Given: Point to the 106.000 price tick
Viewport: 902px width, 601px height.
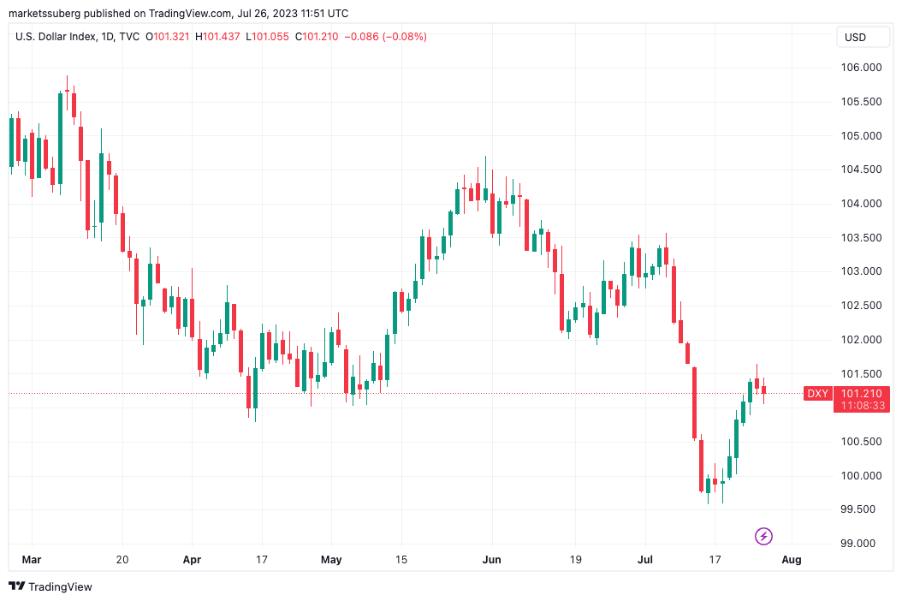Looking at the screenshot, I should tap(857, 68).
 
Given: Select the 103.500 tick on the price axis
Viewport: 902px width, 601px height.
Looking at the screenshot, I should tap(857, 238).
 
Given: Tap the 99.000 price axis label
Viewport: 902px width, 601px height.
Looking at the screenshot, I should tap(857, 544).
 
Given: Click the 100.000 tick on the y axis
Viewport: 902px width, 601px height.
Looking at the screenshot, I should tap(857, 476).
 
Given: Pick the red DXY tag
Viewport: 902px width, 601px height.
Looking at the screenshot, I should tap(818, 394).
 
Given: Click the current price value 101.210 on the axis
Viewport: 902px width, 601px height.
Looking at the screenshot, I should tap(862, 394).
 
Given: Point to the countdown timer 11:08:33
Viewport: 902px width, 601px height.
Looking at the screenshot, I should tap(862, 406).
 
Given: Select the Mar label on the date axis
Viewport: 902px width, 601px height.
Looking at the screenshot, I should tap(31, 560).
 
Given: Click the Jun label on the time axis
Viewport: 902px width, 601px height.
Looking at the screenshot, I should tap(492, 560).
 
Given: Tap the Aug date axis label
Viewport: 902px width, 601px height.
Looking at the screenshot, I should tap(792, 560).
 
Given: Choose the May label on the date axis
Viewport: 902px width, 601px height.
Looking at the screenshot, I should tap(331, 560).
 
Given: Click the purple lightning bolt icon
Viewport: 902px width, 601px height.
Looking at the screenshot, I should tap(763, 537).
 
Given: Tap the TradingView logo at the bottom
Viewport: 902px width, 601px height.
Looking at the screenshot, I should tap(50, 586).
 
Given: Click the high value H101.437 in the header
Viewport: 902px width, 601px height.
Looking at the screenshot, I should tap(218, 37).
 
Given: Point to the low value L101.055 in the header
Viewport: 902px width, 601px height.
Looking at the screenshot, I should tap(268, 37).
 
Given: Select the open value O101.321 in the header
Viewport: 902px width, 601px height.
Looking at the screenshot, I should tap(169, 37).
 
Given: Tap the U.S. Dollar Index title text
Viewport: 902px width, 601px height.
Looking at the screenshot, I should tap(56, 37).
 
